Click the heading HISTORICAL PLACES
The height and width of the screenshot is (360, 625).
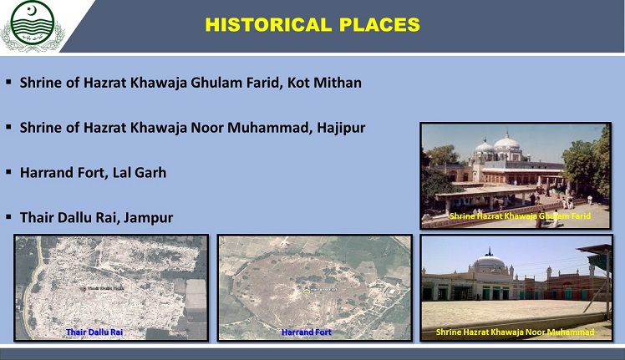[312, 25]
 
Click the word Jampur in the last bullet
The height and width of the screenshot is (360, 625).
[147, 218]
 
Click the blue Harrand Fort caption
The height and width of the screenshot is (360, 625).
[307, 332]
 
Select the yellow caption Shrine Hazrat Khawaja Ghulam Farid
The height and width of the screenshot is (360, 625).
[520, 216]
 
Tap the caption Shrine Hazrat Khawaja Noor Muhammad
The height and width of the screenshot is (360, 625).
[515, 332]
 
